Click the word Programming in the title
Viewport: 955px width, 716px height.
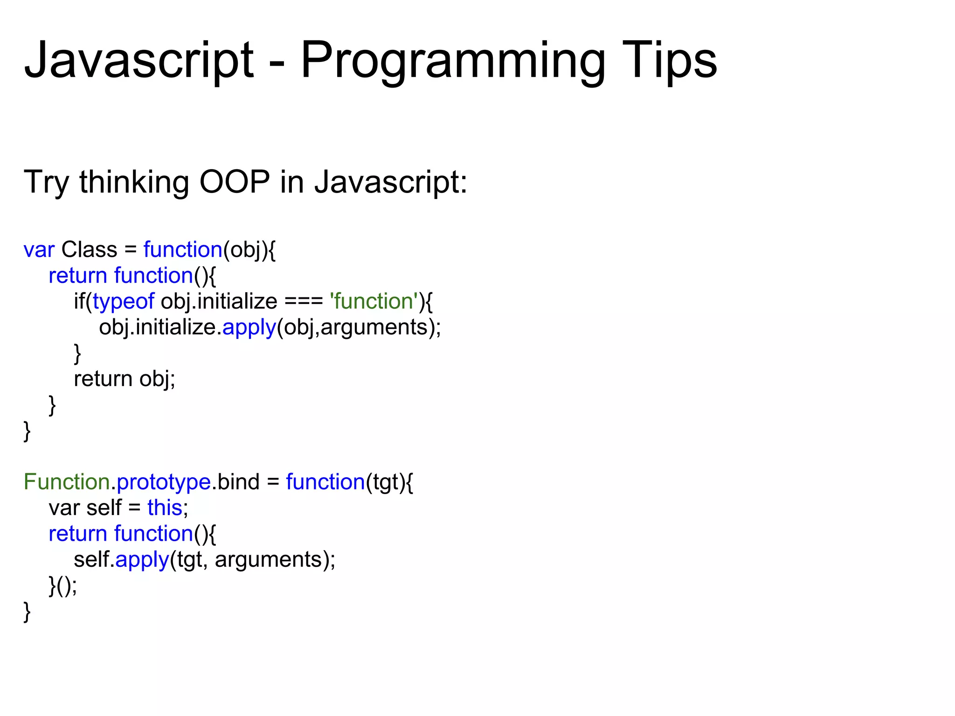click(x=452, y=61)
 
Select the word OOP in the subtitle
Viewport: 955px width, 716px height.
click(x=235, y=182)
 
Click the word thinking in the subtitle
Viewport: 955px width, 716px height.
click(x=134, y=182)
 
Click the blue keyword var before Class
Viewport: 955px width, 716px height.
click(x=39, y=250)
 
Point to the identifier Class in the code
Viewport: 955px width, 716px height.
click(x=89, y=250)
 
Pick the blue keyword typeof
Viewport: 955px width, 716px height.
click(x=123, y=302)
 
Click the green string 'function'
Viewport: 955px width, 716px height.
click(x=374, y=302)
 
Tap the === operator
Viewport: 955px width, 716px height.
click(x=304, y=302)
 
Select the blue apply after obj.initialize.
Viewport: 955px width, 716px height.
click(x=249, y=328)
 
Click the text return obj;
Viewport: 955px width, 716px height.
click(x=125, y=379)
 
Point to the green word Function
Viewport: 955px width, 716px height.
click(x=67, y=482)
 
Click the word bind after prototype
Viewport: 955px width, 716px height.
click(x=238, y=482)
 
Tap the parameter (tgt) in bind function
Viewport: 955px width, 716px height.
click(x=386, y=482)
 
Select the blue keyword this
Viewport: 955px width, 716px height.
click(x=165, y=508)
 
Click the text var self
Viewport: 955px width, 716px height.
click(x=85, y=508)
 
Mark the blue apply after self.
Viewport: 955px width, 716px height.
click(x=142, y=560)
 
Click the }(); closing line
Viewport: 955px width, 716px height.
click(x=63, y=586)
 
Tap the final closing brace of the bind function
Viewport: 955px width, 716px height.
click(x=27, y=612)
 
